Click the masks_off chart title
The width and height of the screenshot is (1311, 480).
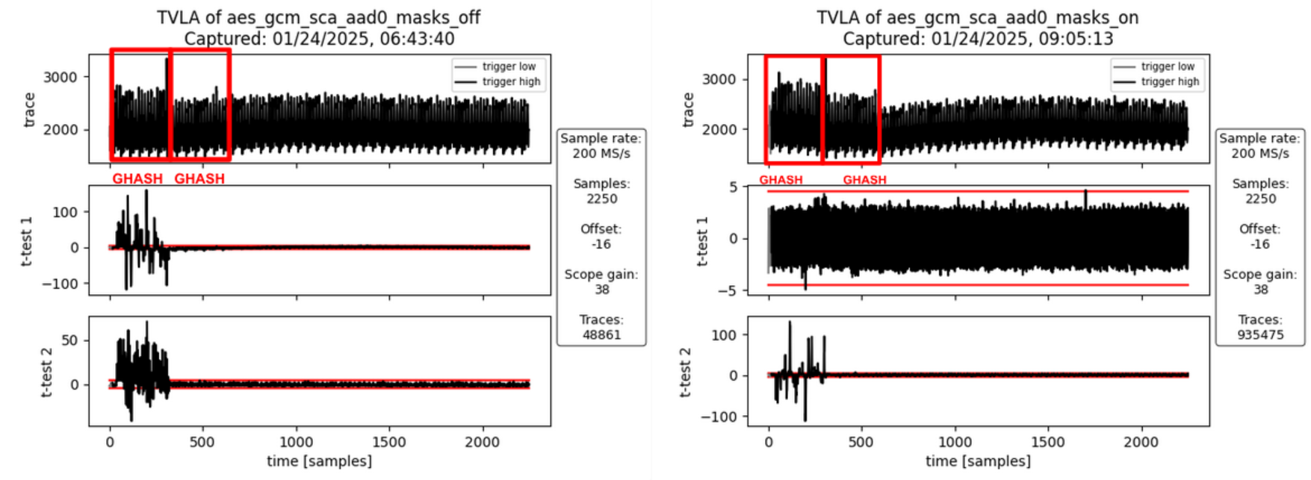(x=319, y=17)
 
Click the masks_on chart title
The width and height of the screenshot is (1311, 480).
(x=977, y=17)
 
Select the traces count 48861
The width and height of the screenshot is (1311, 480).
(x=601, y=335)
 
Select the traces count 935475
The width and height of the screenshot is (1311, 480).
(x=1260, y=335)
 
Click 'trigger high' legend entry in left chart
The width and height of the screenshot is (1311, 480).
(x=510, y=81)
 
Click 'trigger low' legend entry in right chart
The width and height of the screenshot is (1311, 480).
(x=1168, y=66)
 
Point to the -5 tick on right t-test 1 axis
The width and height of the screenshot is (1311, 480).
(x=728, y=290)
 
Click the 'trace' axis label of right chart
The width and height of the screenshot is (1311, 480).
(x=688, y=109)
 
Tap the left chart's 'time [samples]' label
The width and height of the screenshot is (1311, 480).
(x=319, y=461)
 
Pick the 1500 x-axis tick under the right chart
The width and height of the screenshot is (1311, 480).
(x=1048, y=442)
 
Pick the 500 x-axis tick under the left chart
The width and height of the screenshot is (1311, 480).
(x=202, y=442)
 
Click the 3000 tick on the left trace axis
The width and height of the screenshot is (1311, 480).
(x=60, y=77)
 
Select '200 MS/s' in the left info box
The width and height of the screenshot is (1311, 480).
(x=601, y=154)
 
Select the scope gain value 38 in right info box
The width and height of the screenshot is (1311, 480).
(x=1260, y=290)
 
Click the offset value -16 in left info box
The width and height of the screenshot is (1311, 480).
(x=601, y=244)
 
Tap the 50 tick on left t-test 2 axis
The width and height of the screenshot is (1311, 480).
(x=69, y=340)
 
